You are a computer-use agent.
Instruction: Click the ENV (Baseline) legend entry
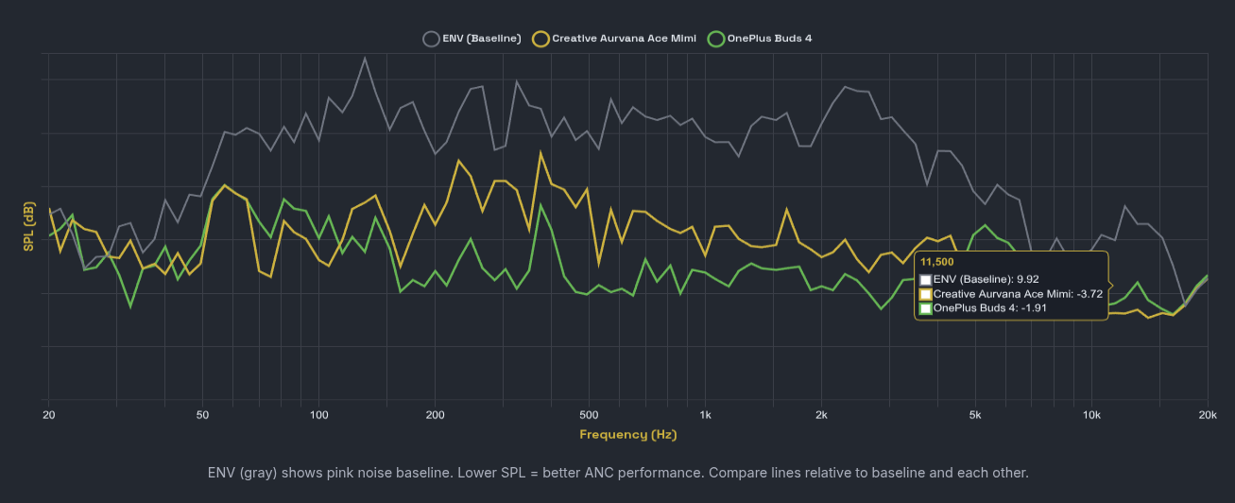click(472, 39)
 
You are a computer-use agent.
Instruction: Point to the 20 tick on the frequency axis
click(48, 415)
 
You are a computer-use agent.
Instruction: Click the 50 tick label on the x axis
click(202, 415)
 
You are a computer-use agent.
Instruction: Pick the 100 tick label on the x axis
click(318, 415)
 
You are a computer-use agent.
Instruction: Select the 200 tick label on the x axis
click(435, 415)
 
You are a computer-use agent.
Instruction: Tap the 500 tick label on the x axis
click(589, 415)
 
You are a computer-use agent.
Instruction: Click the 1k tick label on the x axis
click(705, 415)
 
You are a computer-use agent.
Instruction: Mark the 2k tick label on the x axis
click(821, 415)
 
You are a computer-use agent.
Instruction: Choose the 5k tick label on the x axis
click(975, 415)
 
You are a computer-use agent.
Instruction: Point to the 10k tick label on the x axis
click(1091, 415)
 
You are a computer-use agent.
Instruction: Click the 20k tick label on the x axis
click(1207, 415)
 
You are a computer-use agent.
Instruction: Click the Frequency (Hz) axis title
click(627, 435)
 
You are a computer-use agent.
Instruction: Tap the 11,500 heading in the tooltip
click(936, 262)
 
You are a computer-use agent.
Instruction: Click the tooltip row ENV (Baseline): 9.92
click(986, 280)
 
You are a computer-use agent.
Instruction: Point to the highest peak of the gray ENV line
click(365, 58)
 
